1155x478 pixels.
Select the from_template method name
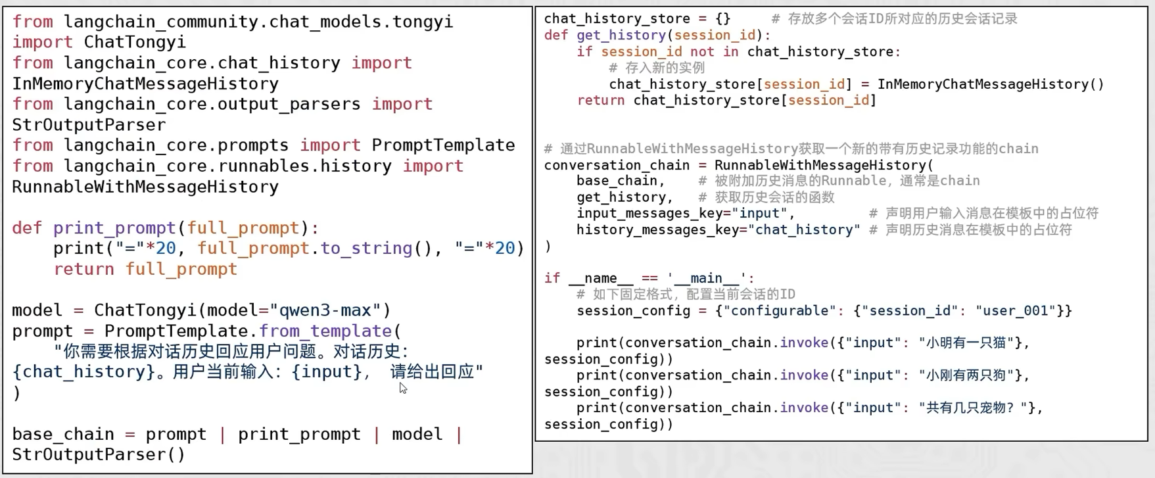(x=325, y=331)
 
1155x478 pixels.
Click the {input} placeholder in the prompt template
(x=327, y=371)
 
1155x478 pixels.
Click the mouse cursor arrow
(x=403, y=389)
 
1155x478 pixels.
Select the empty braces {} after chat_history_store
(x=722, y=19)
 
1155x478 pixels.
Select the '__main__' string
(x=707, y=278)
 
